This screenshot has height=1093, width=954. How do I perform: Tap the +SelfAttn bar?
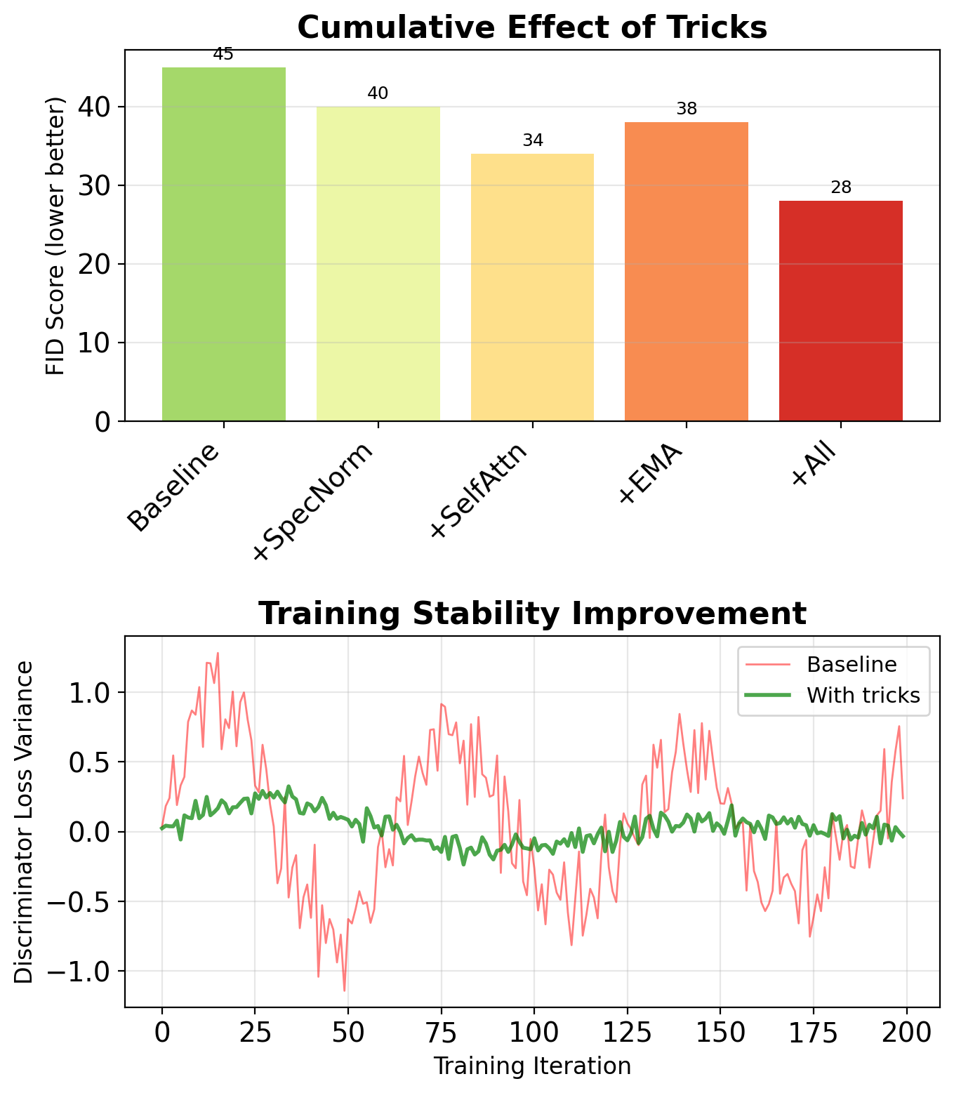(x=532, y=287)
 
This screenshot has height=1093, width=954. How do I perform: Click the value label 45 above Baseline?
(x=223, y=55)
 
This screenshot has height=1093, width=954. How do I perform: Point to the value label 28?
(x=840, y=188)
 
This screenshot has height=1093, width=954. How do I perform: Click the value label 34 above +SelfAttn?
(x=533, y=141)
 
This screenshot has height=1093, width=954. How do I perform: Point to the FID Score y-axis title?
(x=56, y=236)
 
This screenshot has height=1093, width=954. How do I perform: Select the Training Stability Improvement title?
(x=532, y=614)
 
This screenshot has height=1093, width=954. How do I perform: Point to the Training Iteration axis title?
(x=532, y=1066)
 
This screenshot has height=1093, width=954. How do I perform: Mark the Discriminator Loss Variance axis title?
(x=25, y=822)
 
